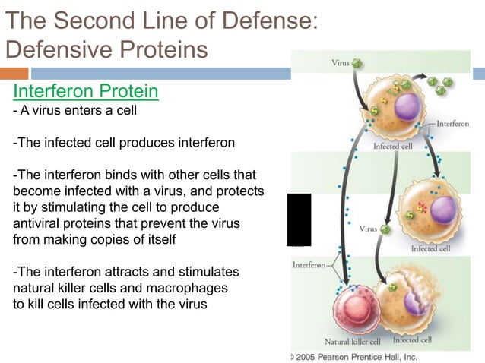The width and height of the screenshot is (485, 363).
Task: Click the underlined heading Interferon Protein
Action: pyautogui.click(x=85, y=92)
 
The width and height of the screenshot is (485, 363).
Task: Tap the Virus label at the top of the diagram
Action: pyautogui.click(x=341, y=63)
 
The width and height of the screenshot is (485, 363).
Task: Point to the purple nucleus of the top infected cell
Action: pyautogui.click(x=404, y=106)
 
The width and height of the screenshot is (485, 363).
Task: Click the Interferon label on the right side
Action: pyautogui.click(x=453, y=123)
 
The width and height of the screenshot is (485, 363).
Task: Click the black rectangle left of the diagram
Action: pyautogui.click(x=299, y=219)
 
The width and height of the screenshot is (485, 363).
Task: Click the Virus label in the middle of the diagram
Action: pyautogui.click(x=368, y=228)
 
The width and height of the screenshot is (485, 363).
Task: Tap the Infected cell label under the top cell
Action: pyautogui.click(x=393, y=146)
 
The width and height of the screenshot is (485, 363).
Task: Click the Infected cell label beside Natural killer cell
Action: pyautogui.click(x=412, y=340)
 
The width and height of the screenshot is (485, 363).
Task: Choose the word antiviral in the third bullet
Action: pyautogui.click(x=46, y=223)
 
